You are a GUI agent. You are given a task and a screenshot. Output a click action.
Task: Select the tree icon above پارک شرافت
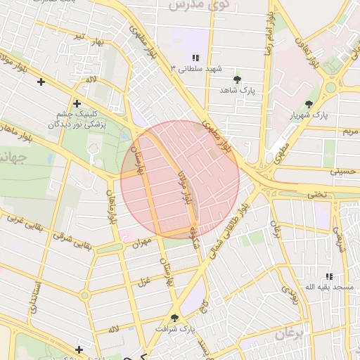[x=174, y=318]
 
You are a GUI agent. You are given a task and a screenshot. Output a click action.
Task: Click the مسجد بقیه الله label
[x=329, y=288]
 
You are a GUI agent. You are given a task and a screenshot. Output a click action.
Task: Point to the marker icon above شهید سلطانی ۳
[x=195, y=58]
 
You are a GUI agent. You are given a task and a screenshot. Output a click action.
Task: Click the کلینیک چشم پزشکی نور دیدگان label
[x=77, y=119]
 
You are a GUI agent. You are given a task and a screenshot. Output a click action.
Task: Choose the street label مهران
[x=141, y=243]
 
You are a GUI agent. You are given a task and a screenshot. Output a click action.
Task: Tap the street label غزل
[x=143, y=283]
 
